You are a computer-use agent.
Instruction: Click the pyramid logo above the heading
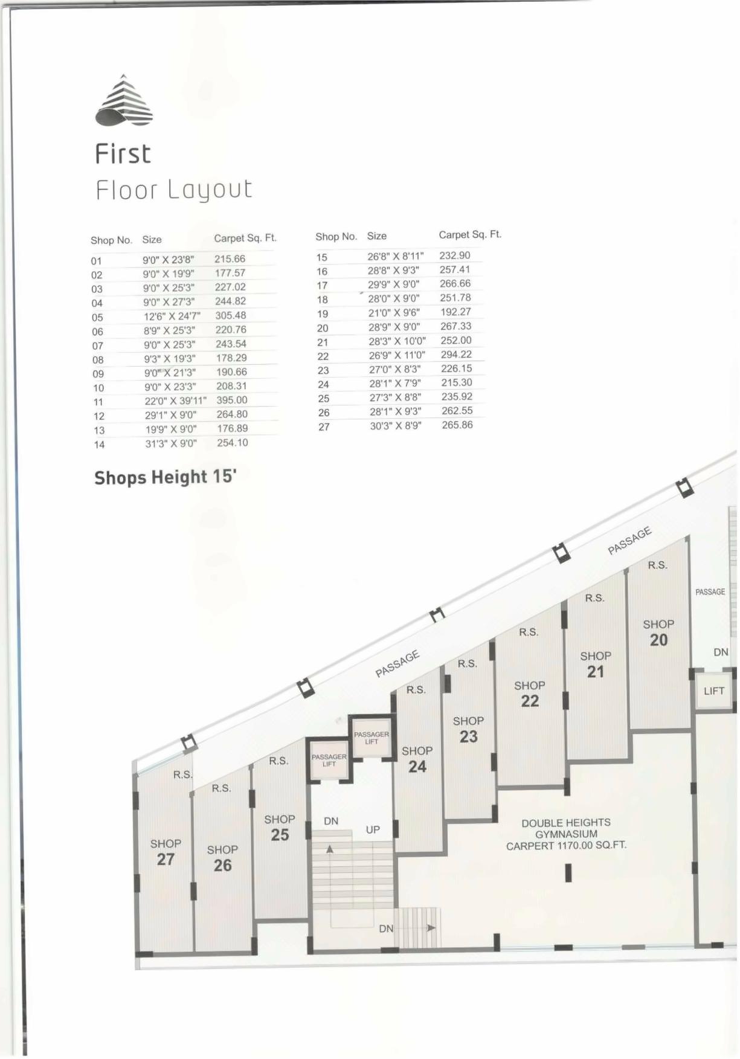(124, 101)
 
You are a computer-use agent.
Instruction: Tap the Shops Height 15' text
(165, 477)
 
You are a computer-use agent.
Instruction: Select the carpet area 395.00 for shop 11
(232, 400)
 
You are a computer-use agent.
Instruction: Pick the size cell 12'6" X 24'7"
(172, 316)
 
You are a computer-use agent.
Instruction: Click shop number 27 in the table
(324, 427)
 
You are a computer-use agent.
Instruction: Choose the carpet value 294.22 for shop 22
(456, 355)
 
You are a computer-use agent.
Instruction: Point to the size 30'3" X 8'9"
(396, 425)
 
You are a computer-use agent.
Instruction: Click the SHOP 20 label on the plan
(658, 633)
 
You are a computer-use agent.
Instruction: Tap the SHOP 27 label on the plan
(166, 852)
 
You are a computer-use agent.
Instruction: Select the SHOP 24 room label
(417, 759)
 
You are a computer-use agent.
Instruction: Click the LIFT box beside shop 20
(713, 690)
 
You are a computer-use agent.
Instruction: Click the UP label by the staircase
(373, 829)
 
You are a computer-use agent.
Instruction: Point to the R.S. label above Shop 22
(529, 632)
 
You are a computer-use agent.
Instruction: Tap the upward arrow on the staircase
(330, 849)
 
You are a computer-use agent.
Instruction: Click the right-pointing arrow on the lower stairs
(431, 927)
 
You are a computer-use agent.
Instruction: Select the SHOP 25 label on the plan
(280, 828)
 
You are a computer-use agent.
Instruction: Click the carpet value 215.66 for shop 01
(230, 259)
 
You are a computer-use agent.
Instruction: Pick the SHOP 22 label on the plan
(530, 694)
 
